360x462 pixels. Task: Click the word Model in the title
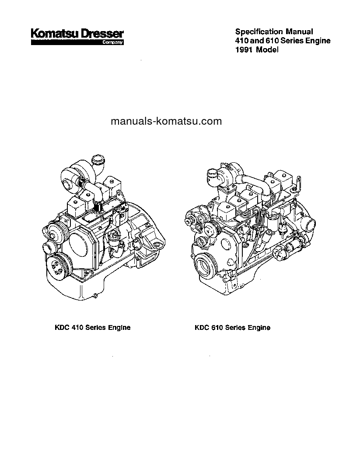pyautogui.click(x=267, y=49)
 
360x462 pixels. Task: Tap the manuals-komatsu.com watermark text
pyautogui.click(x=166, y=121)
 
